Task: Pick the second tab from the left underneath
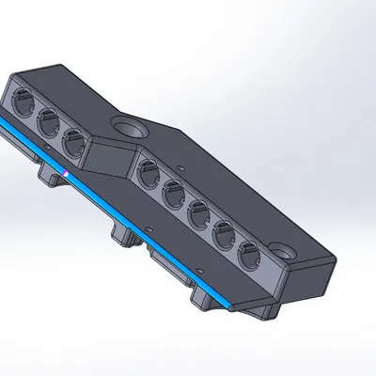tap(123, 234)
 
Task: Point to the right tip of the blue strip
tap(231, 310)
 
